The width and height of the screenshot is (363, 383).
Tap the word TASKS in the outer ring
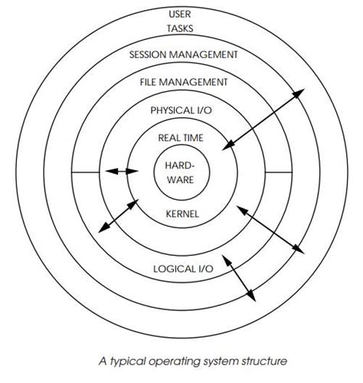181,29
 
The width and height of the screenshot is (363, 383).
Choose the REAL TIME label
181,137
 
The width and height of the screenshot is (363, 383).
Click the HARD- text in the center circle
181,165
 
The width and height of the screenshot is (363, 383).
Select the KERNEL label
182,214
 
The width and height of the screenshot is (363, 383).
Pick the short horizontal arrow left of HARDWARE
122,172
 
